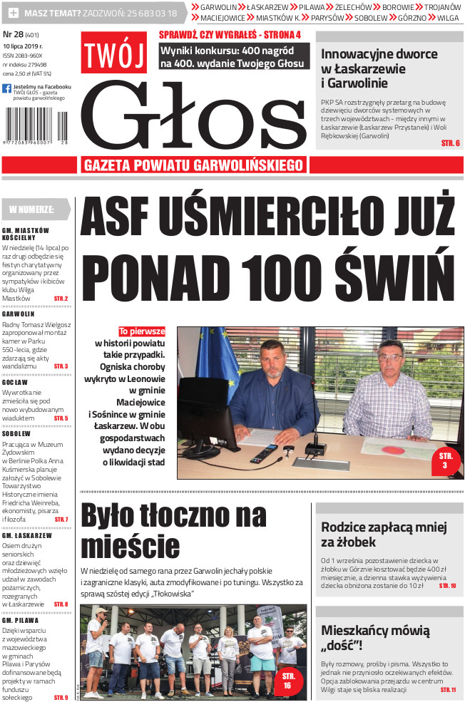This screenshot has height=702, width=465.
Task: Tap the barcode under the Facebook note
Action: click(x=36, y=126)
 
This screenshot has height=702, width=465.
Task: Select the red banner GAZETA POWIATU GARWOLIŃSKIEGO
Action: click(x=195, y=165)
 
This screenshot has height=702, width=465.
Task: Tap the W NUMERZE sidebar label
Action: click(x=32, y=209)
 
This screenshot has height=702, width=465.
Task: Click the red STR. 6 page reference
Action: click(x=450, y=143)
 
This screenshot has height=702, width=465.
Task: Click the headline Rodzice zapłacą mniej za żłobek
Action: click(x=383, y=535)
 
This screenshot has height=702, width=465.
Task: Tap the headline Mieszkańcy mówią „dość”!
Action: click(x=375, y=638)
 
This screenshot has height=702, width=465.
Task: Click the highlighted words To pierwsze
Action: click(x=142, y=331)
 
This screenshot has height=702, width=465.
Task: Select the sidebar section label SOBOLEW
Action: click(x=16, y=433)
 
